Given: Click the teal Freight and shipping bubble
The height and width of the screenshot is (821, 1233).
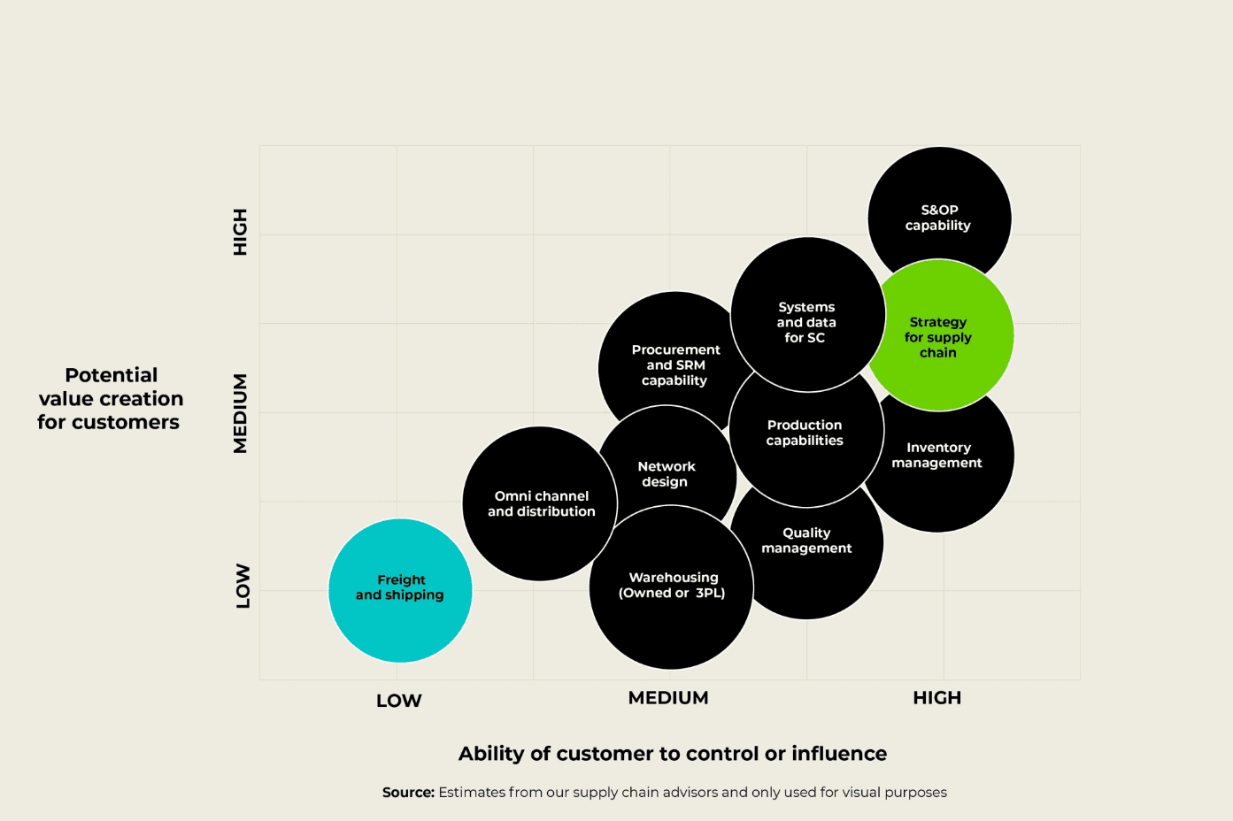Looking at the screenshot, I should [x=400, y=589].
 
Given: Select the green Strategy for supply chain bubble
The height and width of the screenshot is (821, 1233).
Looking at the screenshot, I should [x=938, y=337].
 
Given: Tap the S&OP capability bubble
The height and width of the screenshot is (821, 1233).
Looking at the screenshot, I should [x=939, y=218].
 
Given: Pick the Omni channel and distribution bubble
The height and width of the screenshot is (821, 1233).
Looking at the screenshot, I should [x=540, y=504].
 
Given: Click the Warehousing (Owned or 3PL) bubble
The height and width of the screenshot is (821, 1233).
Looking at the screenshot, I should [x=672, y=586].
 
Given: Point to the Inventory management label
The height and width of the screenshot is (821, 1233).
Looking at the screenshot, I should [x=937, y=456].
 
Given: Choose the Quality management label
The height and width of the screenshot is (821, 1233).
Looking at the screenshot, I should [x=806, y=541].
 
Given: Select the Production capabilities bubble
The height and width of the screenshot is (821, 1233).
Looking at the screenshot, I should [x=805, y=433].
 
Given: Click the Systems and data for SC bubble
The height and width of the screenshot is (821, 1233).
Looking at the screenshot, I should [x=806, y=322].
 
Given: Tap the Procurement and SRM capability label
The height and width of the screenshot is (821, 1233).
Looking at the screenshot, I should [x=675, y=365].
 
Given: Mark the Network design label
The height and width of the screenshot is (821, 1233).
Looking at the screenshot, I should [x=666, y=474].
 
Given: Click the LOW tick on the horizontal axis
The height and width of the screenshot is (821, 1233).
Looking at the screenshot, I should [x=398, y=701].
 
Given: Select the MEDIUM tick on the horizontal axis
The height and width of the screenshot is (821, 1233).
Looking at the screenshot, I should [x=668, y=698].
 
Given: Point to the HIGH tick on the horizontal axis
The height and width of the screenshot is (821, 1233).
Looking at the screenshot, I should [x=936, y=698].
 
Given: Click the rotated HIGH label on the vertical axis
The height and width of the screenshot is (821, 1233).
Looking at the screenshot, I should [x=240, y=232].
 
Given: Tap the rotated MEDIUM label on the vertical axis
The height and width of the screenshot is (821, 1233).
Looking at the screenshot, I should [x=240, y=413].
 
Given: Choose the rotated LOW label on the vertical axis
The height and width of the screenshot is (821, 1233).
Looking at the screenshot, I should [x=243, y=586].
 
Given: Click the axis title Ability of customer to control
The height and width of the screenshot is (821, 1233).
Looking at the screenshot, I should [x=672, y=754].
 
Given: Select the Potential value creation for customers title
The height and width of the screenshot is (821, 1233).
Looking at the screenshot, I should [x=111, y=399].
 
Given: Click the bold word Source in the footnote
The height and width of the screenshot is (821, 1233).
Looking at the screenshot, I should [x=408, y=793].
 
